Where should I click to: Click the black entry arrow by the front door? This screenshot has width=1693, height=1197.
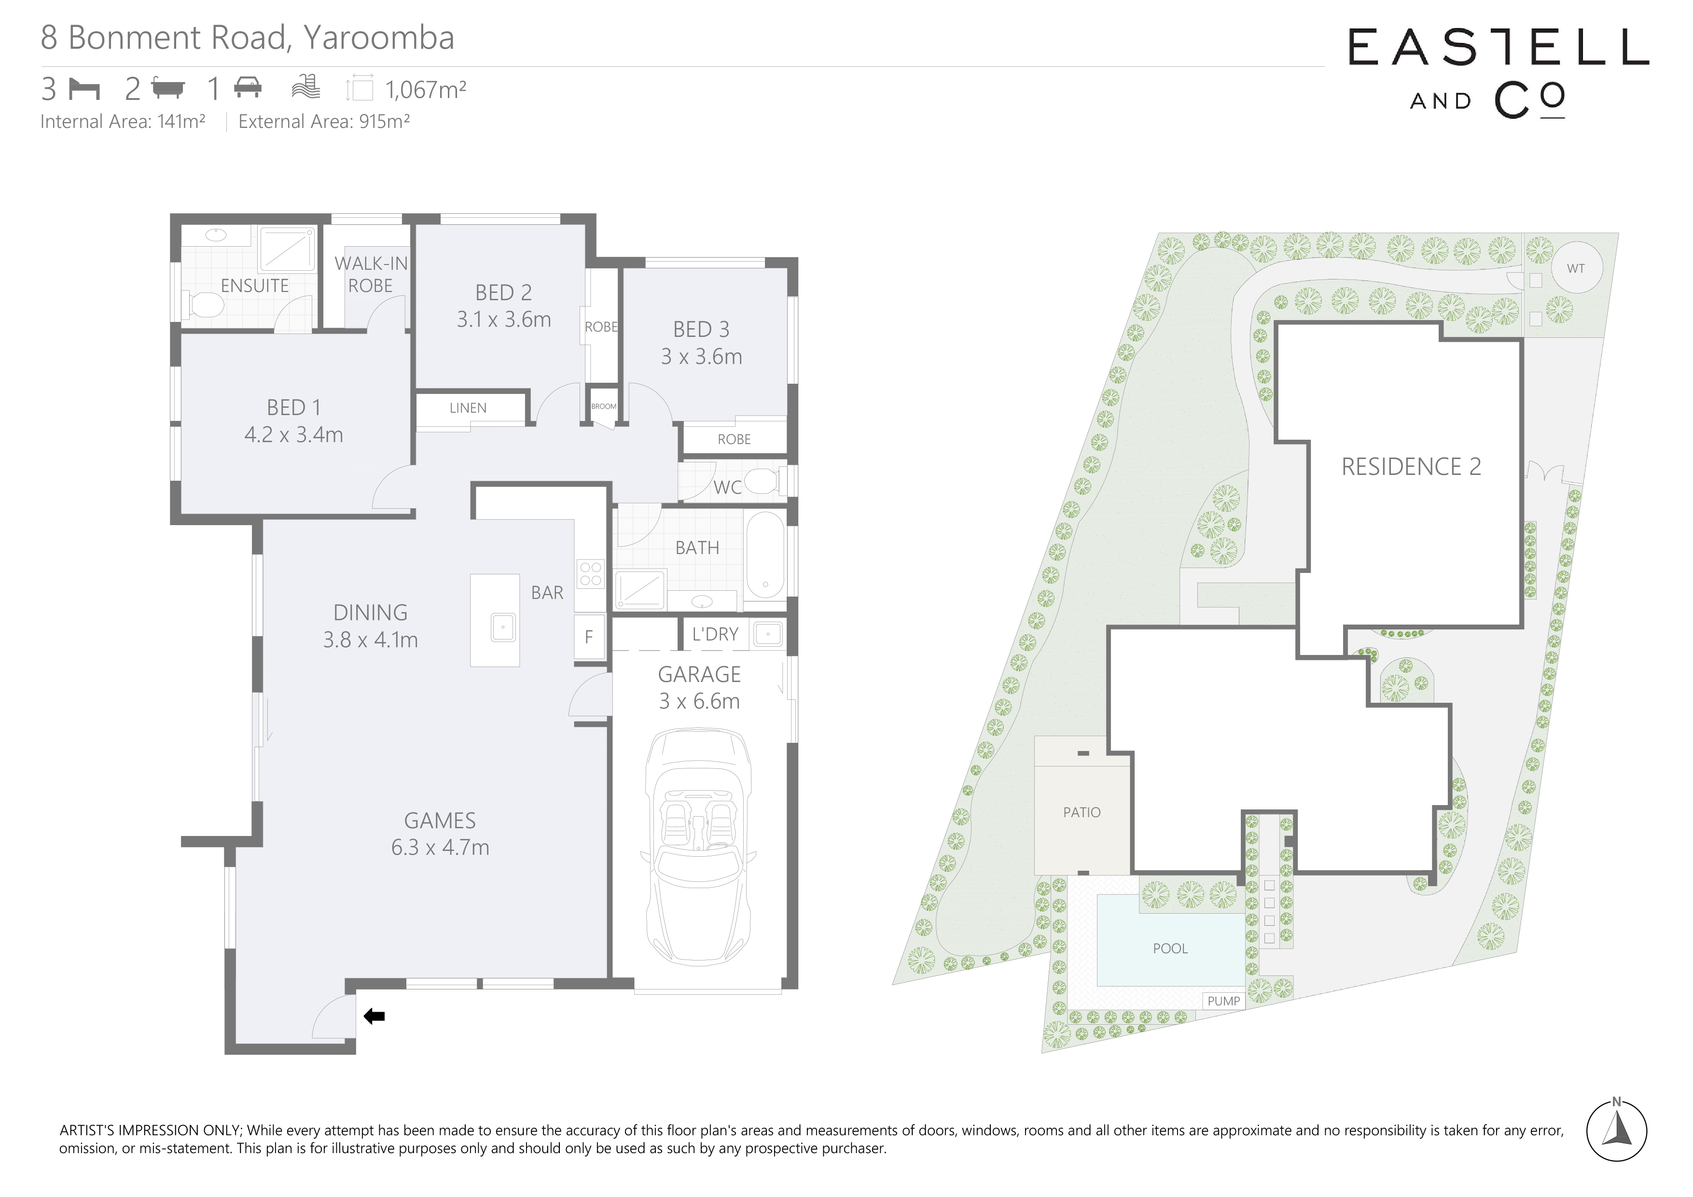pyautogui.click(x=375, y=1016)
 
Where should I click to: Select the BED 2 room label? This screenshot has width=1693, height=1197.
pyautogui.click(x=504, y=293)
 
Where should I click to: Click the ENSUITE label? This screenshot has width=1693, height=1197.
pyautogui.click(x=254, y=285)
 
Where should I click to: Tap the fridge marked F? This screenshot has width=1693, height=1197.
pyautogui.click(x=589, y=637)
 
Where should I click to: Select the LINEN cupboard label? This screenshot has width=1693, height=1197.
pyautogui.click(x=468, y=408)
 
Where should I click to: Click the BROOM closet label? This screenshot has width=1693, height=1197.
pyautogui.click(x=604, y=406)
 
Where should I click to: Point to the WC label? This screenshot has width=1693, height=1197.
pyautogui.click(x=727, y=487)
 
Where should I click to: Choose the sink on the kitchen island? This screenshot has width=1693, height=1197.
pyautogui.click(x=503, y=627)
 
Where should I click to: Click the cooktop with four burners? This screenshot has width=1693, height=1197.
pyautogui.click(x=591, y=574)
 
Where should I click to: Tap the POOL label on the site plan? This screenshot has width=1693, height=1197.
pyautogui.click(x=1170, y=948)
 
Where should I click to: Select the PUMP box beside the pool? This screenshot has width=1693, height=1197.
pyautogui.click(x=1223, y=1001)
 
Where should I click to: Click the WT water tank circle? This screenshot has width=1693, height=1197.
pyautogui.click(x=1576, y=268)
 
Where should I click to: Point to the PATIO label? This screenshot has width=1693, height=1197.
pyautogui.click(x=1082, y=812)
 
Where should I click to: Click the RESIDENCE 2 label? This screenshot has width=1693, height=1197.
pyautogui.click(x=1411, y=467)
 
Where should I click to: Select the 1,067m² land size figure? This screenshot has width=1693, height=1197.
pyautogui.click(x=426, y=90)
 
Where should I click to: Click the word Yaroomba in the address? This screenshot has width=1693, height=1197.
pyautogui.click(x=378, y=38)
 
